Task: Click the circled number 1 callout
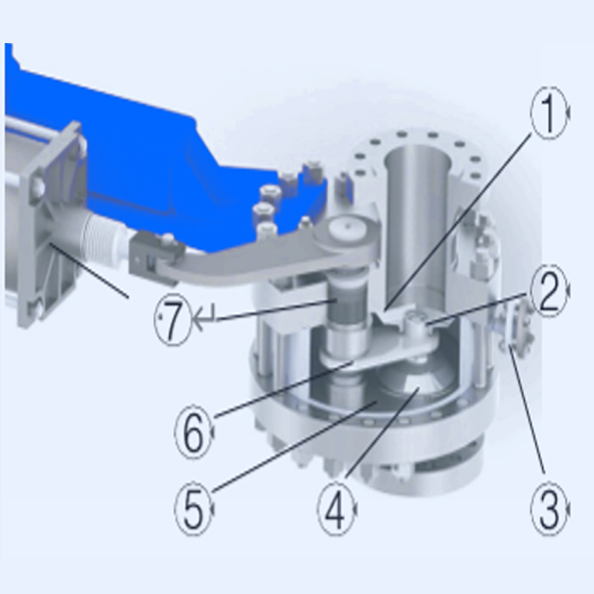pos(549,113)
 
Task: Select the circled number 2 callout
pos(549,290)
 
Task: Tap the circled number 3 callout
pos(549,509)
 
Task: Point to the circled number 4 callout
pos(337,509)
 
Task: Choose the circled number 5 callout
pos(194,509)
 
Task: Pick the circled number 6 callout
pos(194,432)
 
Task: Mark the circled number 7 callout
pos(173,319)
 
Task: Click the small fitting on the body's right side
pos(516,326)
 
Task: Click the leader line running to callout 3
pos(526,409)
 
